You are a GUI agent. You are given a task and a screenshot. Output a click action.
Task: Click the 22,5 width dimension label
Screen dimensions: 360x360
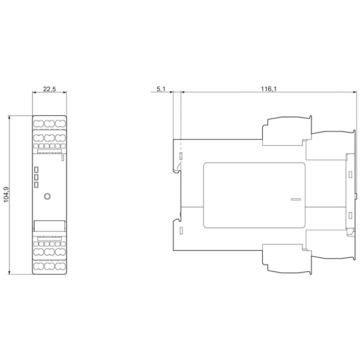[x=50, y=89]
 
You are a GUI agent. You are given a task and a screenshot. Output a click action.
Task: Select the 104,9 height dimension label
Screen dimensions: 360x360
[x=7, y=194]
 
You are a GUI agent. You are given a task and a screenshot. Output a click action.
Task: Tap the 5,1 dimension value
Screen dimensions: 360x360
[x=161, y=89]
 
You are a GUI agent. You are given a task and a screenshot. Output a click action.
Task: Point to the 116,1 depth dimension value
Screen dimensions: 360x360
[x=269, y=89]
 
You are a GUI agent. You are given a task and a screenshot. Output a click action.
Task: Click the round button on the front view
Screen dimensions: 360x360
[x=47, y=196]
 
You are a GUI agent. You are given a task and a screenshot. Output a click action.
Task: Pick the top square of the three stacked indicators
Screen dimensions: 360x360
[x=36, y=170]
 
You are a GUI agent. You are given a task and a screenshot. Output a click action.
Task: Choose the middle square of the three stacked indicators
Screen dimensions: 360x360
[x=36, y=177]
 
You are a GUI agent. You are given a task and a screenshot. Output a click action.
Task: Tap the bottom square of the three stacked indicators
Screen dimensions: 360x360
[x=36, y=185]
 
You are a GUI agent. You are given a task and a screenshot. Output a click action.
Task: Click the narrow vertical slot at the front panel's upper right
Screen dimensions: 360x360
[x=62, y=158]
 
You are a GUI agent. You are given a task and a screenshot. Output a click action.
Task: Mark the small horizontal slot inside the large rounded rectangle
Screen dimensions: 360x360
[x=296, y=199]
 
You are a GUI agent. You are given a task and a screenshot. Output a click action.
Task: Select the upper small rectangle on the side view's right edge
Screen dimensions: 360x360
[x=350, y=175]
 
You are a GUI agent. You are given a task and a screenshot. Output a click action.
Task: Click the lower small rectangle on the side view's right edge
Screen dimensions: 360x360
[x=350, y=215]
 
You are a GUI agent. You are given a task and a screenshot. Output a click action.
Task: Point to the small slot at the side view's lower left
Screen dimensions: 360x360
[x=181, y=230]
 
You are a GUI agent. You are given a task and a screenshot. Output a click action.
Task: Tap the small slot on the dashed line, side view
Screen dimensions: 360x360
[x=181, y=156]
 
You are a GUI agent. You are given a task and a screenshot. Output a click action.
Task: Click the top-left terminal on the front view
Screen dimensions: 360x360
[x=38, y=124]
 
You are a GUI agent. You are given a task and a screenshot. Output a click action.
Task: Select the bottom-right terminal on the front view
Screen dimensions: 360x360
[x=61, y=266]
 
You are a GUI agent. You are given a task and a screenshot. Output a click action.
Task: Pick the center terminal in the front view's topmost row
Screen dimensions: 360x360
[x=49, y=124]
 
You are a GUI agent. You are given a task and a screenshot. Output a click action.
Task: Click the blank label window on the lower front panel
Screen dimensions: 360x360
[x=49, y=226]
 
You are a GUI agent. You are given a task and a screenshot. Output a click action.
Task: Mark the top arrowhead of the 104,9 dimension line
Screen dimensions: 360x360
[x=10, y=118]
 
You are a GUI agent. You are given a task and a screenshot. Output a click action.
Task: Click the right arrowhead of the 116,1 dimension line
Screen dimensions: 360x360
[x=354, y=92]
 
